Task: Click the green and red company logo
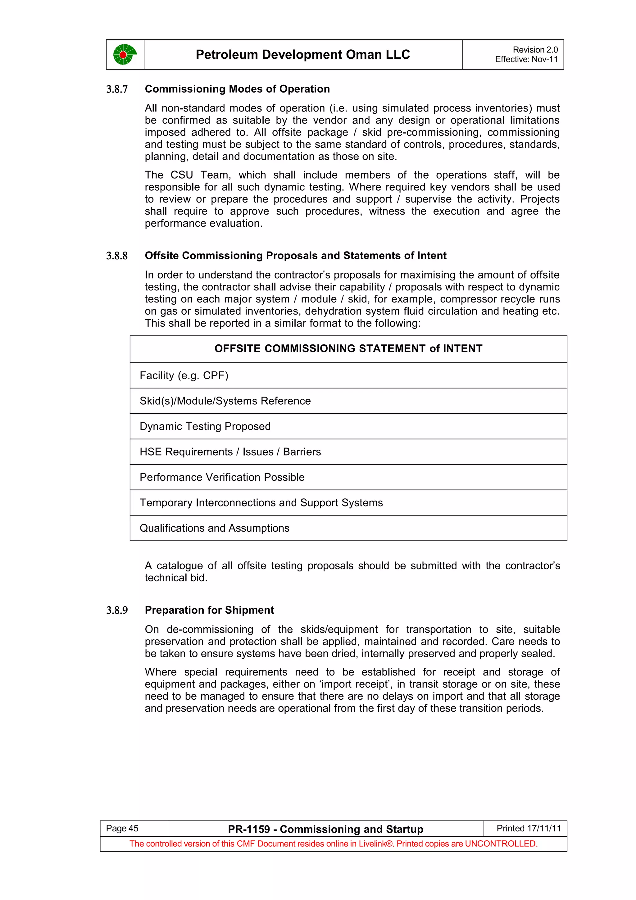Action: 125,54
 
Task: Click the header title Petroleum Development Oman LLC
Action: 302,54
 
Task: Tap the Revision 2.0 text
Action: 535,50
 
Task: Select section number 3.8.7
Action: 117,89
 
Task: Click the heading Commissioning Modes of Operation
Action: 237,89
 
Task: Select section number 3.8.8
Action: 117,256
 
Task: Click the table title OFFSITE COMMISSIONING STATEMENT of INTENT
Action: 348,348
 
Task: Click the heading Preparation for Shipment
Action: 209,610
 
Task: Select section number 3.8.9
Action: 117,611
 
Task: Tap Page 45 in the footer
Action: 122,828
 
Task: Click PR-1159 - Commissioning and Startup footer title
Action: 325,829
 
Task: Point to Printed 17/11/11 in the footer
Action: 528,828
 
